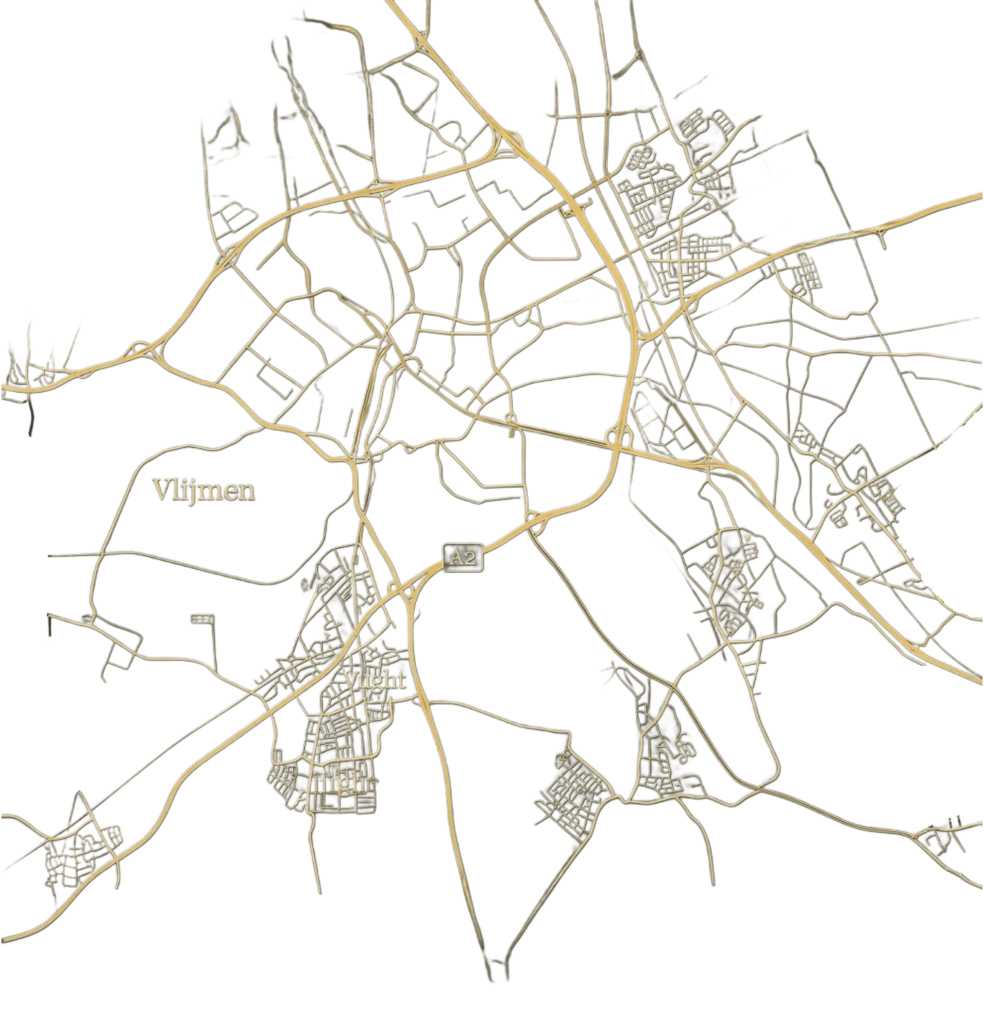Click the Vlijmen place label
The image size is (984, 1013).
tap(204, 491)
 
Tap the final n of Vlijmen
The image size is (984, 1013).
tap(246, 492)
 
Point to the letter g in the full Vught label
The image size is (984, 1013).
tap(376, 682)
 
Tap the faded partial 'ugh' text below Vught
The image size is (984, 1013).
tap(343, 785)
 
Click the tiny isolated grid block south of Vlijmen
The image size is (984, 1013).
tap(201, 618)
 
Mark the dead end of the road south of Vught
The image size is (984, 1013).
tap(320, 893)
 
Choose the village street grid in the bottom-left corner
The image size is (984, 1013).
tap(77, 856)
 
